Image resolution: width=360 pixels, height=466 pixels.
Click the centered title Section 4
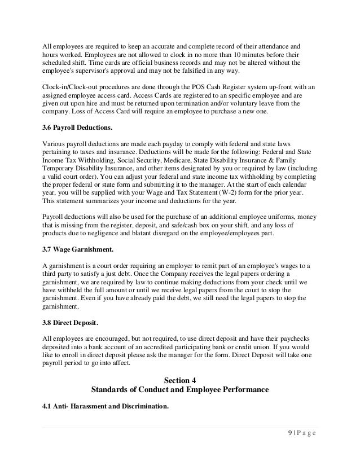pyautogui.click(x=179, y=379)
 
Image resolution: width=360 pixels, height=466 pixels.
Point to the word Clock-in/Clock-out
pyautogui.click(x=73, y=86)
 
